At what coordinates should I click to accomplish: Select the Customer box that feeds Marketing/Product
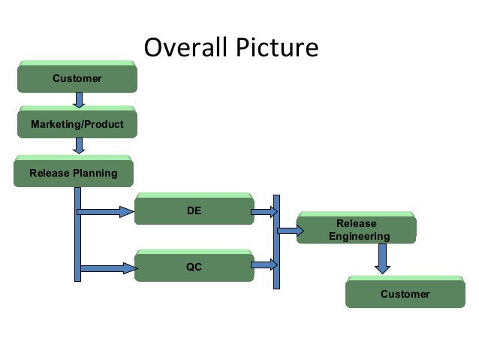[77, 77]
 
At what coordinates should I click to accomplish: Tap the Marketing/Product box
[77, 123]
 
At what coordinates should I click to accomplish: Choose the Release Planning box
[74, 173]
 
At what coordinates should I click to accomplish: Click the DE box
[194, 210]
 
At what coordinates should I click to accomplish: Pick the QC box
[194, 266]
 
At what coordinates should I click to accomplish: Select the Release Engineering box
[356, 229]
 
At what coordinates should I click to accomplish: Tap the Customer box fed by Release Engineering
[405, 293]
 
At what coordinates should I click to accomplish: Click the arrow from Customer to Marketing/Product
[79, 100]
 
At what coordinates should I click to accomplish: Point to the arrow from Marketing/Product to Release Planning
[79, 146]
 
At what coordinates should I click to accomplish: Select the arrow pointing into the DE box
[105, 212]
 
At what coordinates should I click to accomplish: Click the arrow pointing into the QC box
[105, 267]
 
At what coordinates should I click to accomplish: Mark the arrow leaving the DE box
[264, 212]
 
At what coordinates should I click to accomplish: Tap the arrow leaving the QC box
[264, 264]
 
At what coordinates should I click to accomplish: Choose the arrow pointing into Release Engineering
[288, 230]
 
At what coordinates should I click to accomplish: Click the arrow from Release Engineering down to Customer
[383, 259]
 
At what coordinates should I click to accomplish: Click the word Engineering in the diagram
[359, 236]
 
